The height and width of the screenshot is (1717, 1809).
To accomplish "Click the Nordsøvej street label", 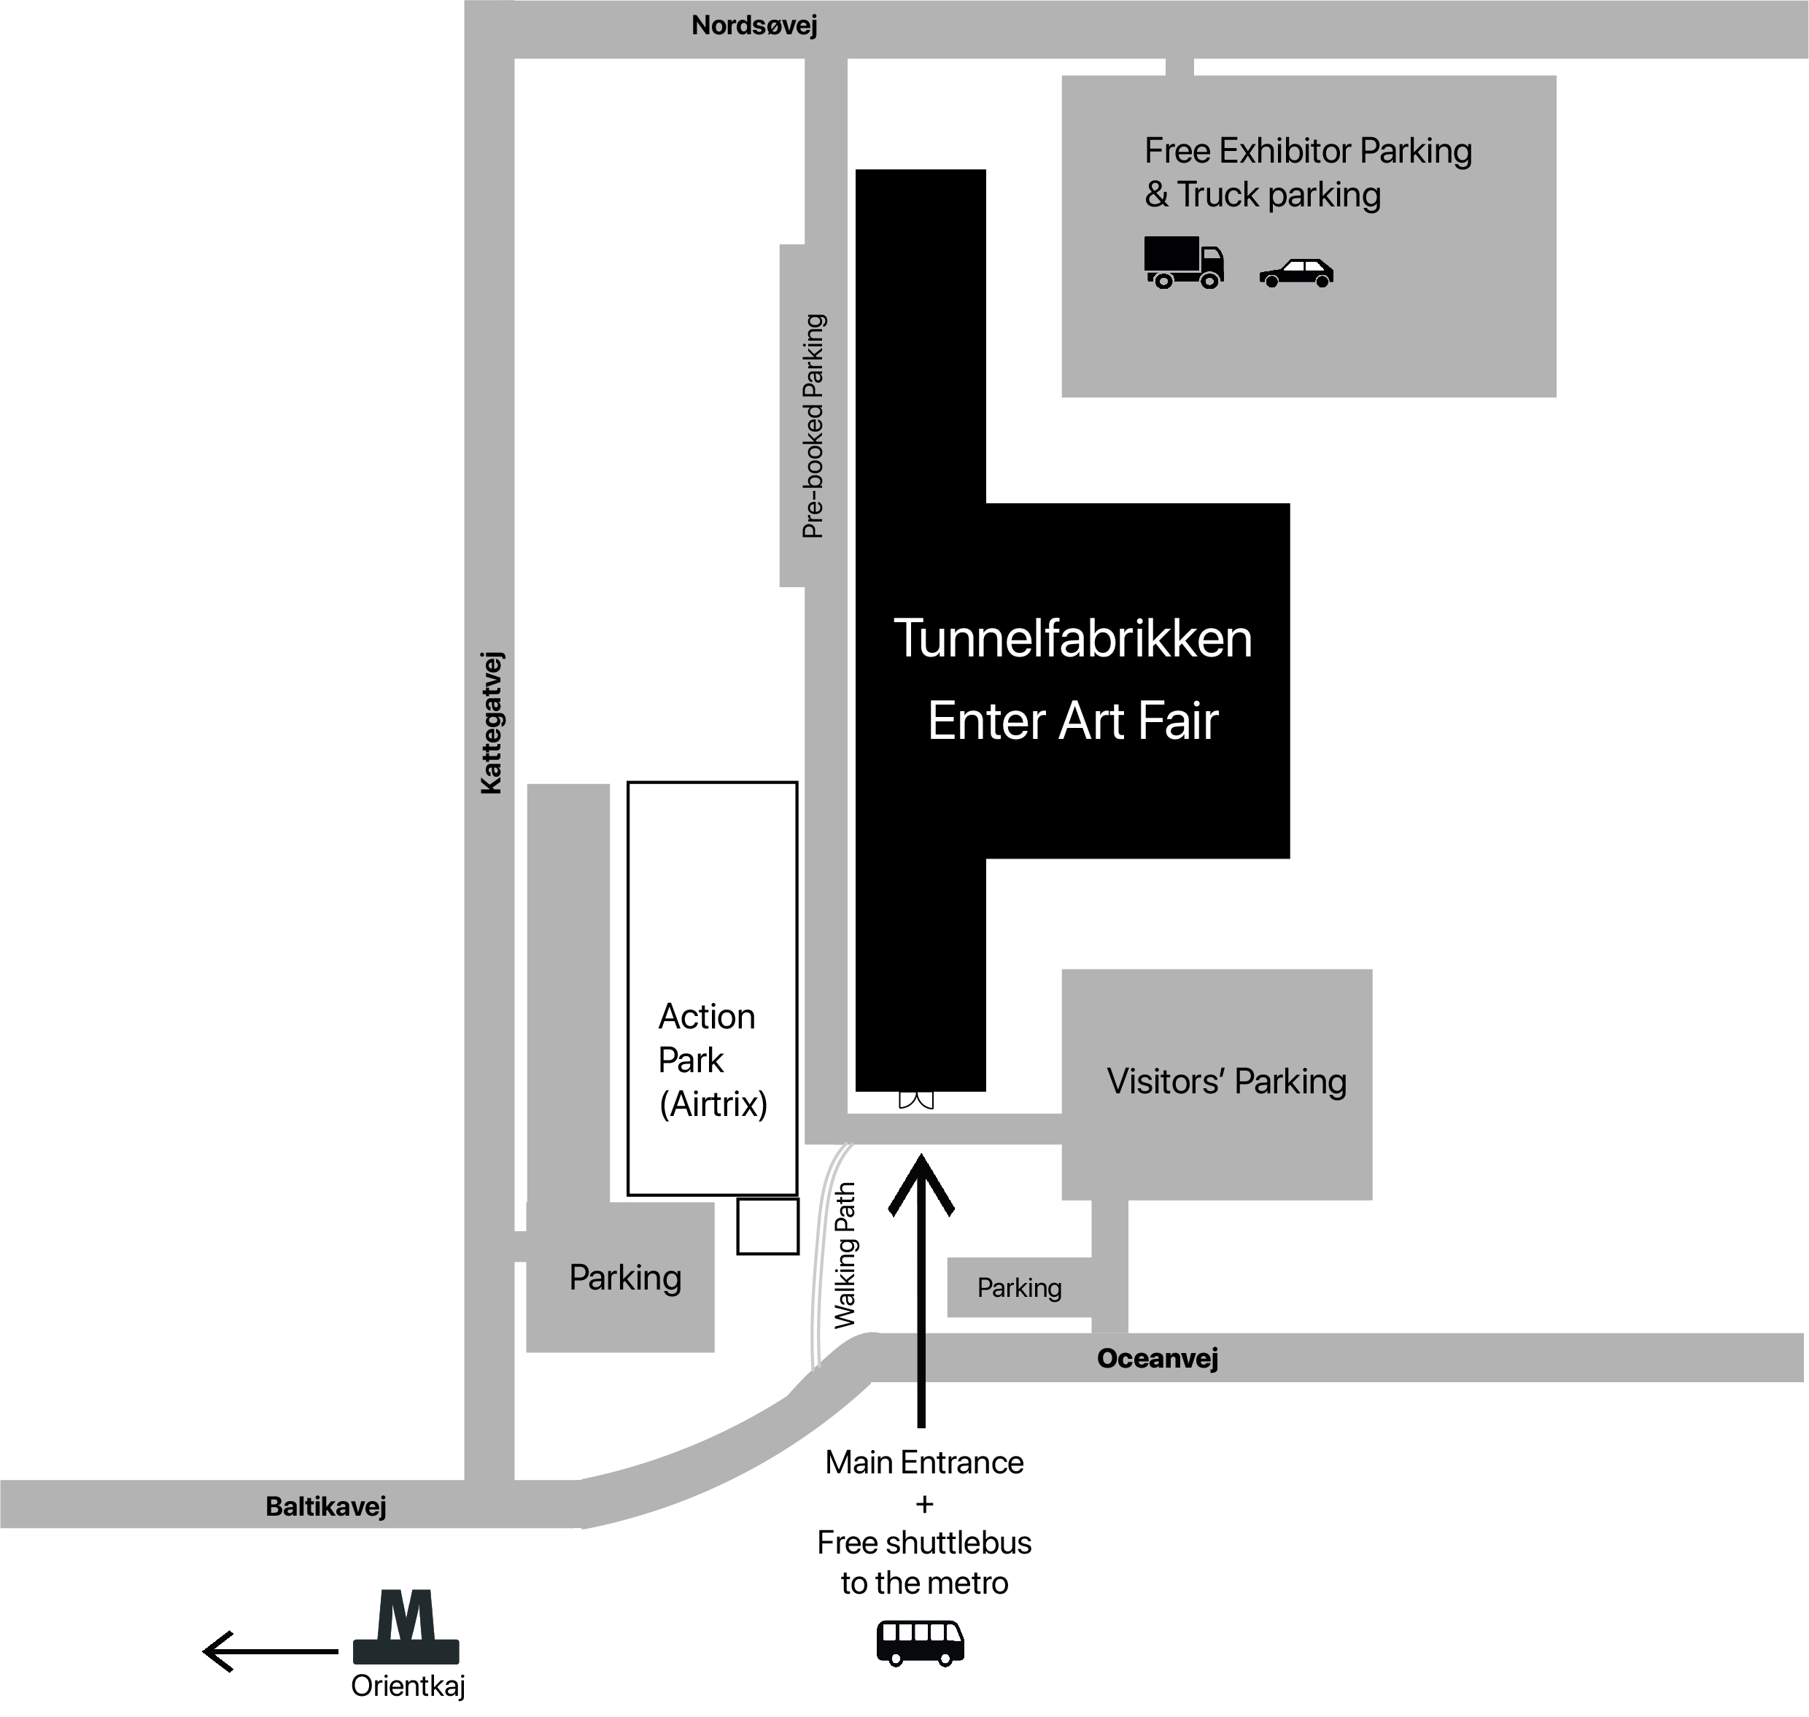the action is [x=754, y=26].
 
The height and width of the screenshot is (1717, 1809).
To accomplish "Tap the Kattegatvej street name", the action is [x=491, y=722].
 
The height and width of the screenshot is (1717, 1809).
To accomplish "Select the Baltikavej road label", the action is [x=326, y=1506].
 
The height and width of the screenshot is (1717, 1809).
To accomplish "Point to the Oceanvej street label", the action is [x=1157, y=1358].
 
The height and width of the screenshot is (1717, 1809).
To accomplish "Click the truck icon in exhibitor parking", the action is [x=1184, y=263].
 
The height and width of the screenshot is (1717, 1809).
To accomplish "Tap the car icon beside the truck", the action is [x=1296, y=273].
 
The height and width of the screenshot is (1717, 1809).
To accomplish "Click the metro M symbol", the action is [x=406, y=1627].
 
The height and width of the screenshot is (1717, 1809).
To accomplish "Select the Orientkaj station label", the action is [x=408, y=1686].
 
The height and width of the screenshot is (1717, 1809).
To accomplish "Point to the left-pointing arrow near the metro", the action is [x=270, y=1651].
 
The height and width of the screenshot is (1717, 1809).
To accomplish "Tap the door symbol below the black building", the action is [x=916, y=1100].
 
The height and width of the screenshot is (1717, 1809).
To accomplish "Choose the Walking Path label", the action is [x=844, y=1255].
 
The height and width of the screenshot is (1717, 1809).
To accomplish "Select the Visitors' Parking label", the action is [x=1227, y=1082].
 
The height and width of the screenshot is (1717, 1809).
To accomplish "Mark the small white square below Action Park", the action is [x=768, y=1226].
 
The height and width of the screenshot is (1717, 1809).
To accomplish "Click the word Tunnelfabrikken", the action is [x=1073, y=638].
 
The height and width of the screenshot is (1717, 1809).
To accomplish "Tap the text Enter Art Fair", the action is [x=1073, y=721].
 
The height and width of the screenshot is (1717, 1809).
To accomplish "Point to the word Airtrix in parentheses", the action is [x=713, y=1104].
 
